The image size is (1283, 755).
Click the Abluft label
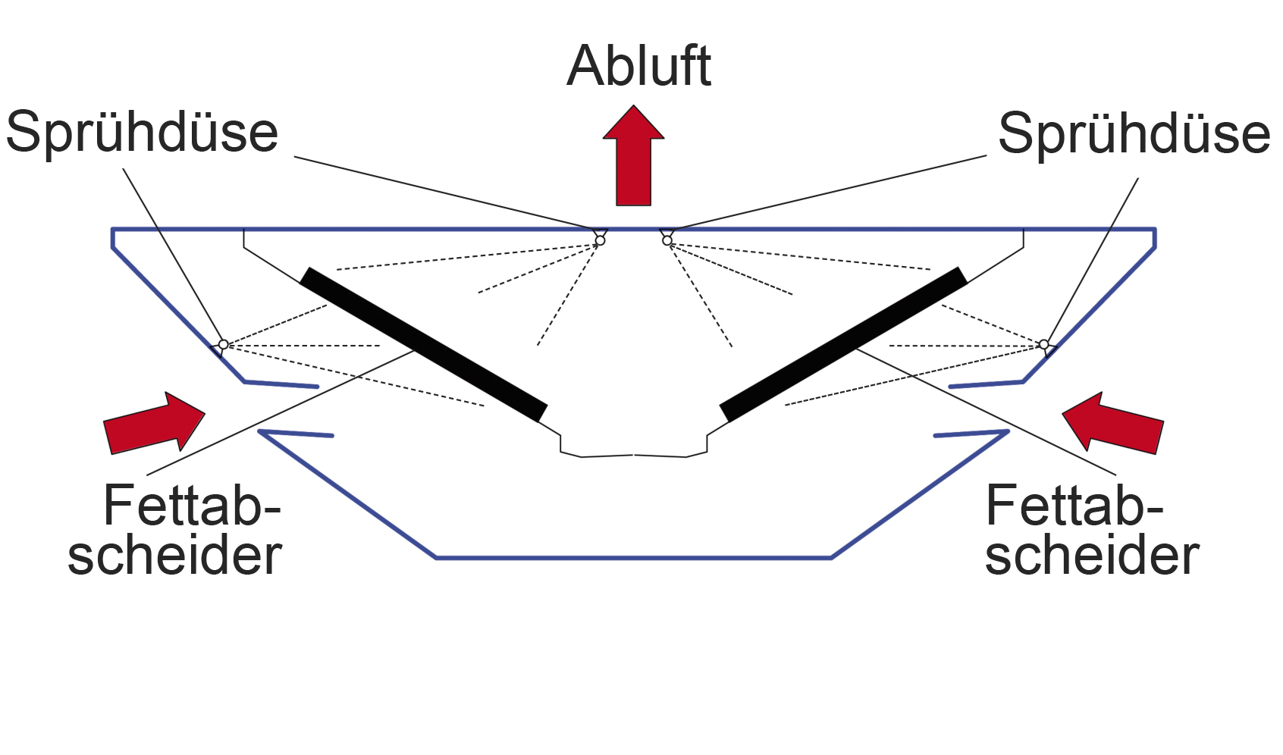(638, 66)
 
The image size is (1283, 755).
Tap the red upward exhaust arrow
(633, 155)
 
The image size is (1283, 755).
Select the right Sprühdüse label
(1134, 134)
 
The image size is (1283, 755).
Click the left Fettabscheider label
(175, 529)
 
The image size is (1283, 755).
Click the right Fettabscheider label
(1092, 529)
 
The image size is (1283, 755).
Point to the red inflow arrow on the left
(154, 422)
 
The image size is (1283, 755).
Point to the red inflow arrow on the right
(1113, 422)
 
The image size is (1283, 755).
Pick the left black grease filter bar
(423, 345)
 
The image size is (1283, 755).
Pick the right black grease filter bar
(844, 345)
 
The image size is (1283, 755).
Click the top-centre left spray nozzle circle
(600, 240)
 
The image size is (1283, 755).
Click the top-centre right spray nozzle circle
(667, 240)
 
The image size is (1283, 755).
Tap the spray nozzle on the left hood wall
(224, 345)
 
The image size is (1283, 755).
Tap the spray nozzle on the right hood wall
(1044, 345)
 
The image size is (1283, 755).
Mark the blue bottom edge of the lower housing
(633, 557)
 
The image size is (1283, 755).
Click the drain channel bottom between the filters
(633, 456)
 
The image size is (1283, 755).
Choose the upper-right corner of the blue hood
(1155, 230)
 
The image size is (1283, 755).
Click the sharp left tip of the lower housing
(259, 431)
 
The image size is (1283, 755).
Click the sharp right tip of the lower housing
(1008, 431)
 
